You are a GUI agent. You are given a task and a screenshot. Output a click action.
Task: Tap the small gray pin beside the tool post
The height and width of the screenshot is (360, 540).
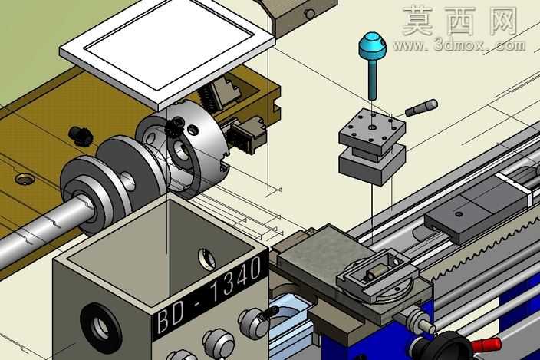tap(422, 107)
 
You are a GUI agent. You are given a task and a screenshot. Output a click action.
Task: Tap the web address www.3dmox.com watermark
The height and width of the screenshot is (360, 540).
tap(459, 45)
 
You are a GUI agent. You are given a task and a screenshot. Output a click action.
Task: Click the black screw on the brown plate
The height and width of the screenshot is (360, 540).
tap(81, 135)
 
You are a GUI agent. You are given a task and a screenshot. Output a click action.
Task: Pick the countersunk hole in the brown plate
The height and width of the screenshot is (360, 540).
tap(25, 180)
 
